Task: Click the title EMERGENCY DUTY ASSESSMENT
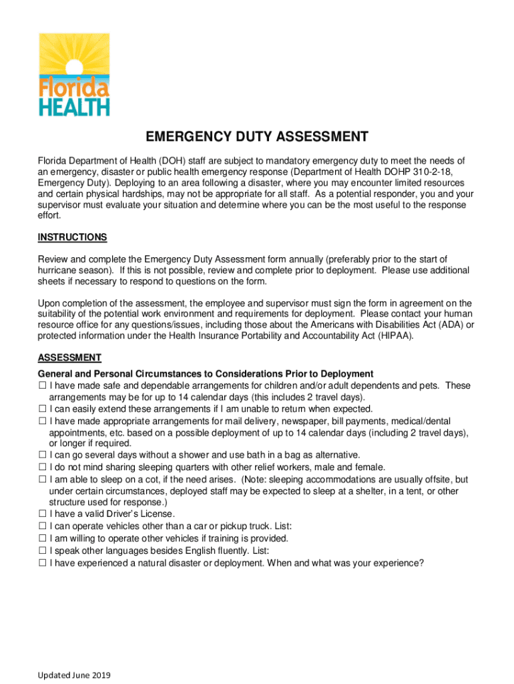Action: point(257,138)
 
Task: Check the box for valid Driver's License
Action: point(42,514)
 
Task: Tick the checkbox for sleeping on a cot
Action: point(42,480)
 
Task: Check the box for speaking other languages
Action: point(42,550)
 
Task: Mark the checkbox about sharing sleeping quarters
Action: point(42,468)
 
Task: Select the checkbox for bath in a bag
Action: point(42,456)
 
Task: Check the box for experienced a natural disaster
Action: point(42,562)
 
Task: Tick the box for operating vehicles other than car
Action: point(42,526)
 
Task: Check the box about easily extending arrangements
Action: point(42,409)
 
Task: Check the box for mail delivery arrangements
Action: point(42,421)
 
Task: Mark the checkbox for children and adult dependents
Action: point(42,385)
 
